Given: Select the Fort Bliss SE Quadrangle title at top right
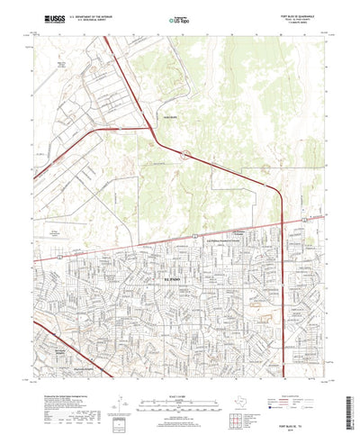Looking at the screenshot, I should (x=303, y=13).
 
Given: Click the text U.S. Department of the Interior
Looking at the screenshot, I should (x=96, y=14).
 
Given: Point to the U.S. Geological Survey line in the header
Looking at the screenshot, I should (x=94, y=19).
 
